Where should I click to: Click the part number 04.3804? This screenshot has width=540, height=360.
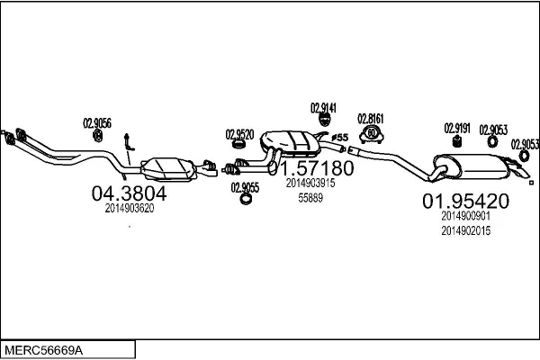click(130, 193)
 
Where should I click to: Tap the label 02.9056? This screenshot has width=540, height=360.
click(97, 123)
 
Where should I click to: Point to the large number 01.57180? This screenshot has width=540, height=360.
click(311, 168)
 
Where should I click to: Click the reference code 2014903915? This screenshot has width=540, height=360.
click(310, 183)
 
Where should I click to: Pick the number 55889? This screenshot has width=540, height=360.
click(310, 197)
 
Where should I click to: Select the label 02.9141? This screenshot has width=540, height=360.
click(323, 108)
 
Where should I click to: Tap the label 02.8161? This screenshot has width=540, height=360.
click(371, 118)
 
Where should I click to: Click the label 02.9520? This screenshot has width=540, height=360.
click(239, 133)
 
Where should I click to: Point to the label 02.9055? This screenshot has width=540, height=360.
click(245, 187)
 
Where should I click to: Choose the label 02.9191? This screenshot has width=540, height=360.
click(457, 128)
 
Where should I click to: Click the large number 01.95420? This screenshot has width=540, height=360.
click(466, 202)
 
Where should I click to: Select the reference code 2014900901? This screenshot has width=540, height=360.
click(465, 216)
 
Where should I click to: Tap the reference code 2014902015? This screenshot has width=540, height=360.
click(465, 231)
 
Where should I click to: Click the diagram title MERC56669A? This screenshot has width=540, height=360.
click(49, 348)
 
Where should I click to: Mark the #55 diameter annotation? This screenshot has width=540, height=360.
click(339, 137)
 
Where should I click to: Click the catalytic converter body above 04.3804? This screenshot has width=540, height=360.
click(168, 167)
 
